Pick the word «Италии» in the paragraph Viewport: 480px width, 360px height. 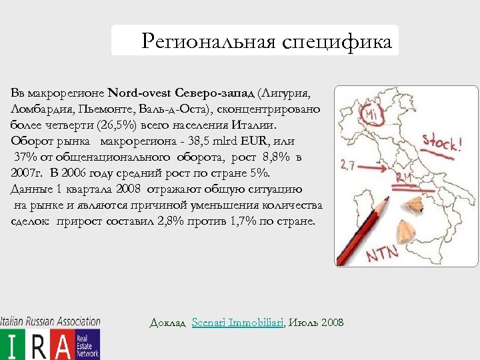click(x=261, y=125)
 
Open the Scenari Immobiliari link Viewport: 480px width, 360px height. click(x=238, y=323)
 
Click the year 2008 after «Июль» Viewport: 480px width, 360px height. click(x=332, y=323)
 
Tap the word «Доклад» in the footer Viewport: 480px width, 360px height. click(x=168, y=323)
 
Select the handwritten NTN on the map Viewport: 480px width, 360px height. click(x=382, y=252)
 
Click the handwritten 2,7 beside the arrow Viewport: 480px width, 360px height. click(x=347, y=165)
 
